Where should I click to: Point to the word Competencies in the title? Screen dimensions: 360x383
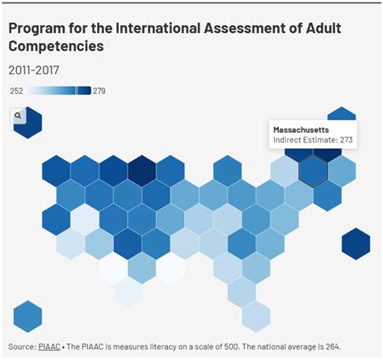click(56, 47)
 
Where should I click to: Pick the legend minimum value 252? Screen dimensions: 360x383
click(16, 91)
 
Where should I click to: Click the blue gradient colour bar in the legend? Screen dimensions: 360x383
click(58, 91)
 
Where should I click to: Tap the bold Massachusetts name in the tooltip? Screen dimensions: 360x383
click(301, 129)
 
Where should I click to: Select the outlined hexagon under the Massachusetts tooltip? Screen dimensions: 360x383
click(313, 170)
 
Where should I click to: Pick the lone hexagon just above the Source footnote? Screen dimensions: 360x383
click(27, 316)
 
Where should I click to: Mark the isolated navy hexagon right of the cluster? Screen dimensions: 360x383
click(356, 243)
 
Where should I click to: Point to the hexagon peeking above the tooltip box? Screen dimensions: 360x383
click(342, 115)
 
